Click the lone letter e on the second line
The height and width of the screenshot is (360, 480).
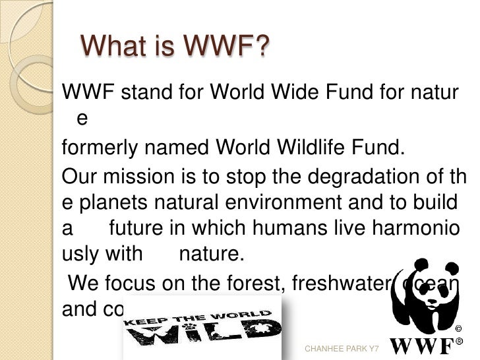tap(82, 119)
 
